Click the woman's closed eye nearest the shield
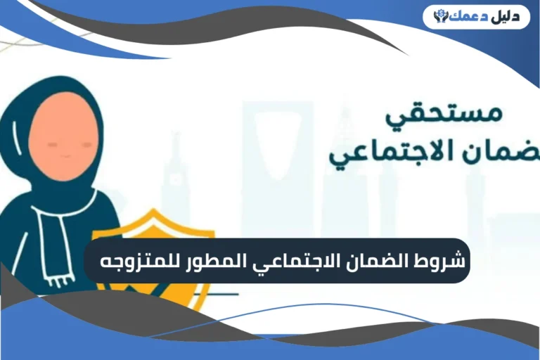click(86, 143)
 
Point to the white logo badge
click(476, 16)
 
